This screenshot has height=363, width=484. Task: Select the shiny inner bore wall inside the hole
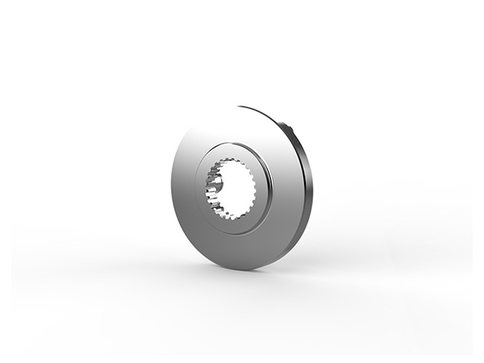tap(216, 187)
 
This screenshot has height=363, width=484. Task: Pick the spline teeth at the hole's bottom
tap(234, 216)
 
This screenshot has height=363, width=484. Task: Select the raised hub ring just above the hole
tap(234, 152)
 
